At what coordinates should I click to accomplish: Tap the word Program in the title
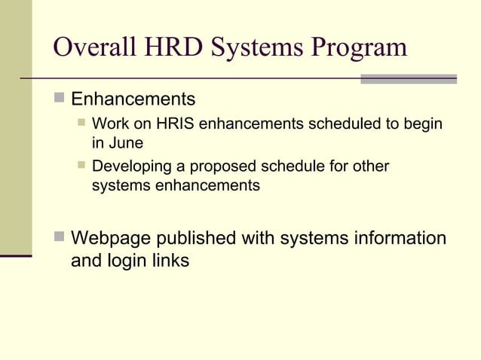(358, 48)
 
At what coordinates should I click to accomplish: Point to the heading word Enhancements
(133, 99)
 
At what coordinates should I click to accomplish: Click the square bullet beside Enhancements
(60, 99)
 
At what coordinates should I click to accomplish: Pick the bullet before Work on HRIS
(81, 123)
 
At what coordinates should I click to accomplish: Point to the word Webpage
(109, 239)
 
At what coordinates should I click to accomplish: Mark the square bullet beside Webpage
(60, 239)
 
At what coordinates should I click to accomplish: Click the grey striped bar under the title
(409, 78)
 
